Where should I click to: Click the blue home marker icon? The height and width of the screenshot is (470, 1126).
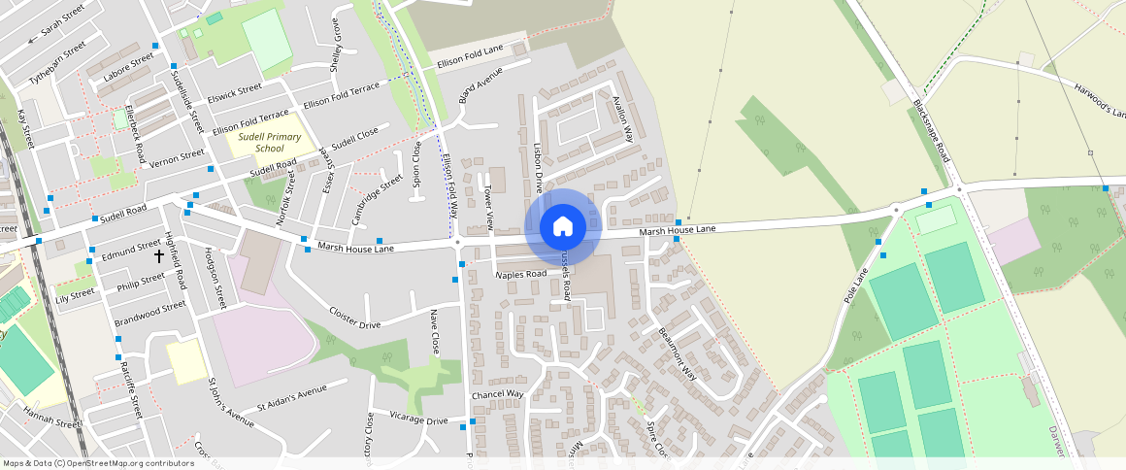pos(562,226)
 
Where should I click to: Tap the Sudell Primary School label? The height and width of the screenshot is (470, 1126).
pos(265,143)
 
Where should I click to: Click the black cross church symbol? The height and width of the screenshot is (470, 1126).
pos(160,256)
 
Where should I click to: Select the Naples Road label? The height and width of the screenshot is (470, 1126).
pos(521,275)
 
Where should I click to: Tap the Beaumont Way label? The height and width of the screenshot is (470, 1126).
pos(678,352)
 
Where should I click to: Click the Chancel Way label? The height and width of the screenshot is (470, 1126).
pos(497,395)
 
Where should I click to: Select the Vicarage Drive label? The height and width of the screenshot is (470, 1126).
pos(418,421)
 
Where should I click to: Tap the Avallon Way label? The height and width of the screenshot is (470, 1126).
pos(622,119)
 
